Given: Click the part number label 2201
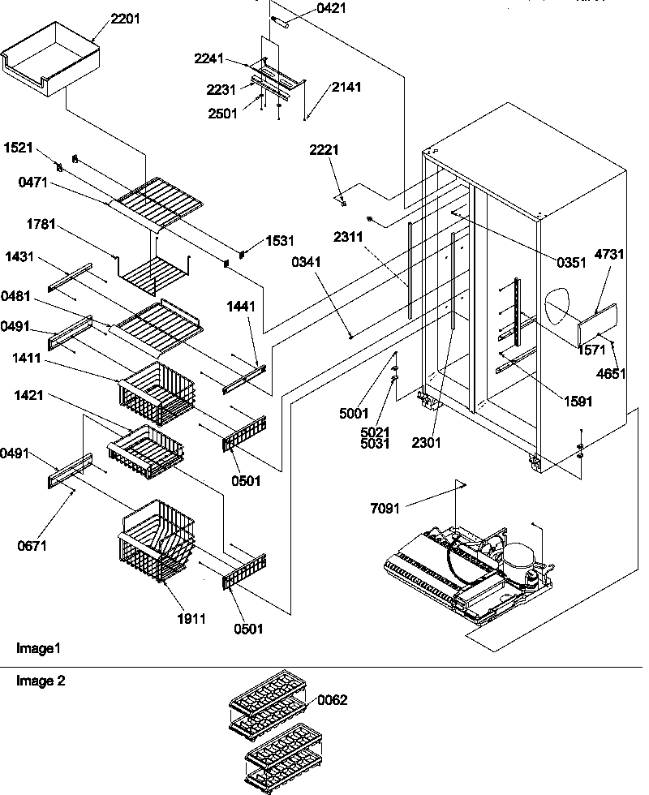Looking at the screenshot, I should [125, 19].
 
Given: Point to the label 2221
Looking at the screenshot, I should [324, 150].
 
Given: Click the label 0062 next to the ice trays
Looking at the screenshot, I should [333, 700].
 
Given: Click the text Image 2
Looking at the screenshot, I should [41, 681].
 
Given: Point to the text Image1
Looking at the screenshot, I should [38, 649].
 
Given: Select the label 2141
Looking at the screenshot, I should [346, 87].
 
